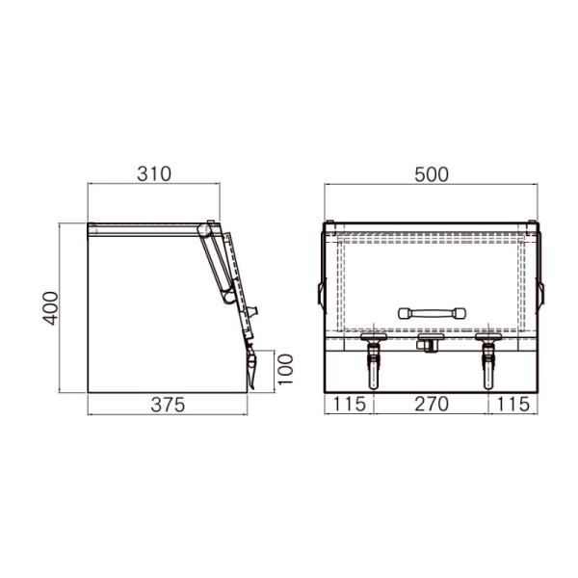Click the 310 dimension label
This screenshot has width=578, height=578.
[x=154, y=174]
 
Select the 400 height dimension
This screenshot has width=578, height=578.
[x=50, y=308]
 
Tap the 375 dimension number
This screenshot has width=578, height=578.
[x=168, y=406]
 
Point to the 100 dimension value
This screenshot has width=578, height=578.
[x=285, y=370]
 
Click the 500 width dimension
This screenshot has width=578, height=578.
[x=432, y=174]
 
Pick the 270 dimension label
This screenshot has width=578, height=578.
[x=432, y=404]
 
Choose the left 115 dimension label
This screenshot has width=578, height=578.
[x=349, y=404]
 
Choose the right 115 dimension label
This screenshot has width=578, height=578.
[x=513, y=404]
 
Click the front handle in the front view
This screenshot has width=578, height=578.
[x=432, y=313]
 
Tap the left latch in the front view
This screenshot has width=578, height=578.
[x=374, y=360]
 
